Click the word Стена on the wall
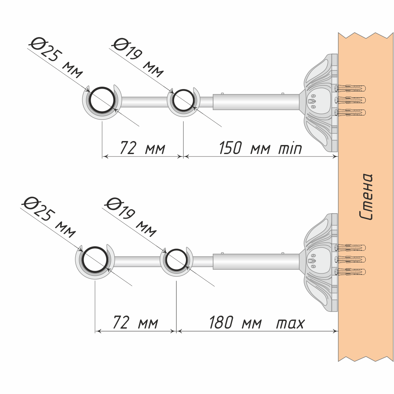click(366, 196)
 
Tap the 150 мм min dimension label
click(260, 149)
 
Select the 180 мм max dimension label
click(256, 323)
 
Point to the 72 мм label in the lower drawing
click(135, 323)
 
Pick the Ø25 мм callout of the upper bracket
click(56, 59)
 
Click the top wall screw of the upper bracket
click(351, 87)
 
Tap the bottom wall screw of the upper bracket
click(351, 113)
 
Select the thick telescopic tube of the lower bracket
click(256, 262)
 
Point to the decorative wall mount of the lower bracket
click(319, 262)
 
